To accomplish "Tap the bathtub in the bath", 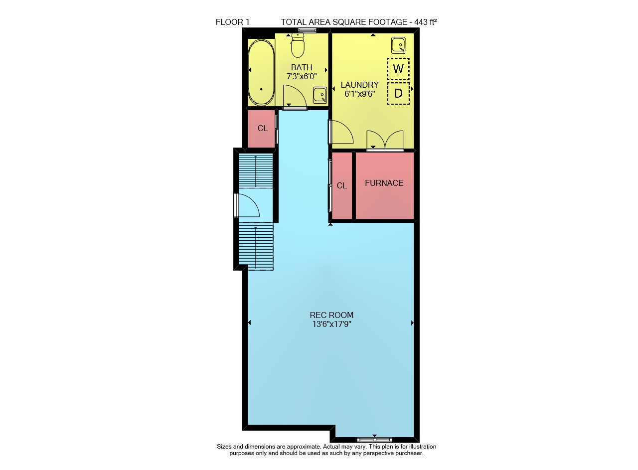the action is (261, 72).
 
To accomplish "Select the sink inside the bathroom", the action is (320, 95).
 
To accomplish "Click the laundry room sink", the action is (398, 45).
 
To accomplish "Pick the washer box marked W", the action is (398, 69).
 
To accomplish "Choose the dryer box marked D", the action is (398, 93).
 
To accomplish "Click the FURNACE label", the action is (384, 183).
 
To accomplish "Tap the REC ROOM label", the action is (331, 315).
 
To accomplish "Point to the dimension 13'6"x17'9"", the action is (331, 324).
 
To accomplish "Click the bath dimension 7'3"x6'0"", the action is (302, 76).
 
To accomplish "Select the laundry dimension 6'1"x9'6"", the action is (360, 94).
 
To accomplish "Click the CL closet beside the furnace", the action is (342, 186).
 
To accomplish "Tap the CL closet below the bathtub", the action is (262, 129).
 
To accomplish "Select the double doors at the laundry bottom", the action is (385, 140).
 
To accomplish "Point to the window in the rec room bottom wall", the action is (374, 440).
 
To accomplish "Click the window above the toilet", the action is (308, 30).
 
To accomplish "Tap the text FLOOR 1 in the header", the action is (232, 22).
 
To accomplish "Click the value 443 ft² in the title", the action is (426, 22).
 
